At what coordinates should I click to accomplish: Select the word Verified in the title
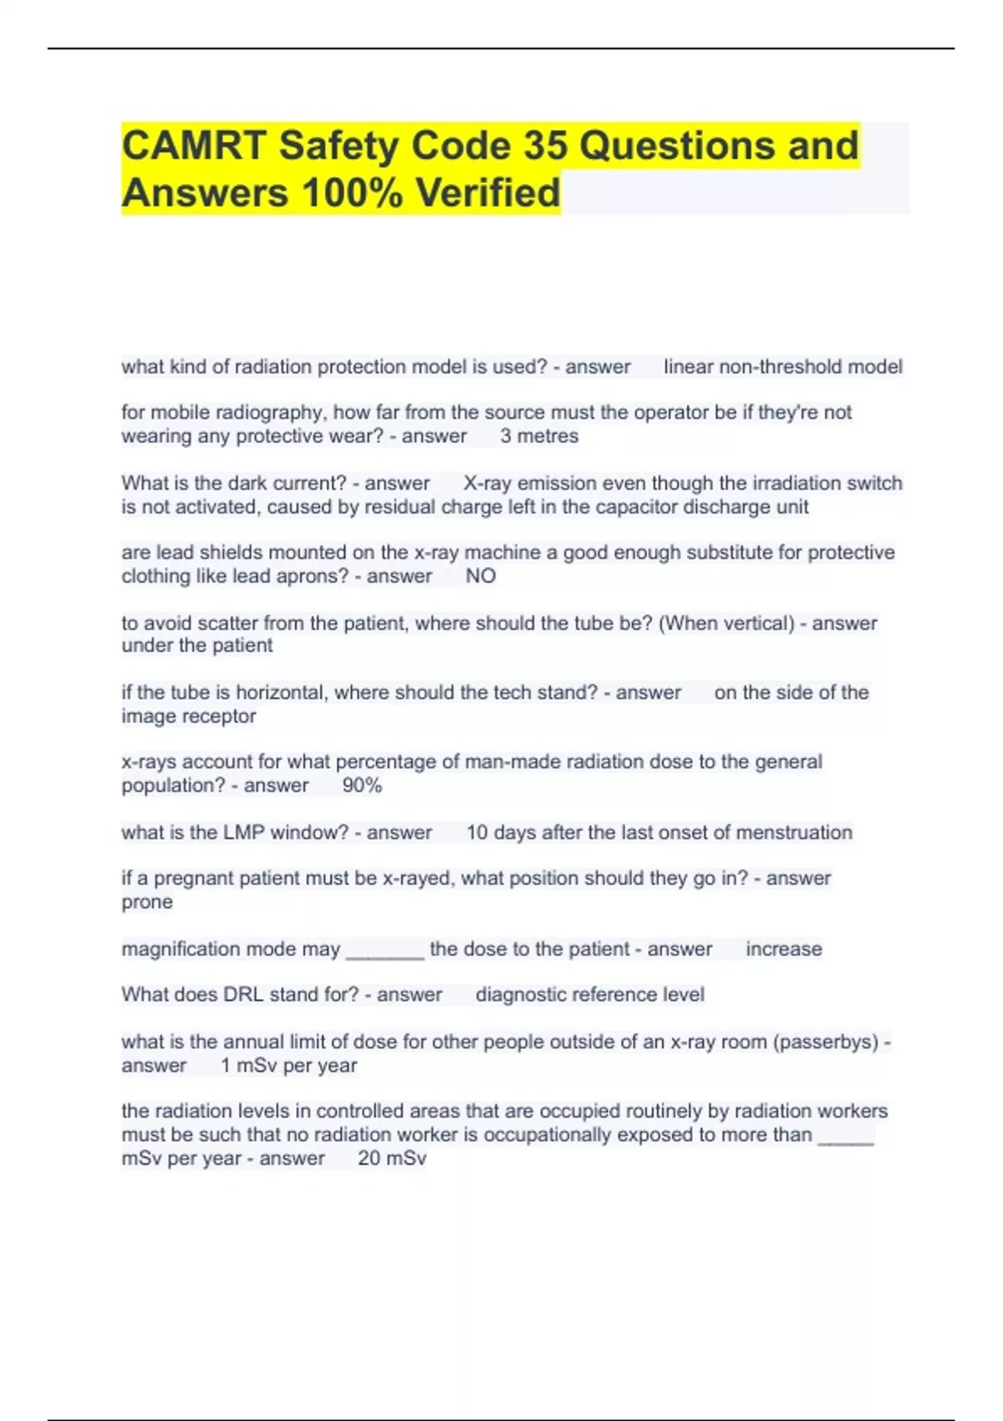coord(488,193)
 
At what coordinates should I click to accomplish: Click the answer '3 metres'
coord(539,436)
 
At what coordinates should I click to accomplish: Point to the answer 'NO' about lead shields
coord(481,576)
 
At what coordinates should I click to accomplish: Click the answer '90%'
coord(362,786)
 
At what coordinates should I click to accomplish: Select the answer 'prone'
coord(147,902)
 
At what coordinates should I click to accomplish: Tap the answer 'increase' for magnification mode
coord(783,949)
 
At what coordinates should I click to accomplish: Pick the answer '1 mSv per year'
coord(288,1066)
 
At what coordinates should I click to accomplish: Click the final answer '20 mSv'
coord(392,1159)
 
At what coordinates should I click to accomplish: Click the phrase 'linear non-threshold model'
coord(782,367)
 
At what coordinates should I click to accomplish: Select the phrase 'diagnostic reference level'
coord(589,995)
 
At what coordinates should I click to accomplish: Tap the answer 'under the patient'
coord(197,645)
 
